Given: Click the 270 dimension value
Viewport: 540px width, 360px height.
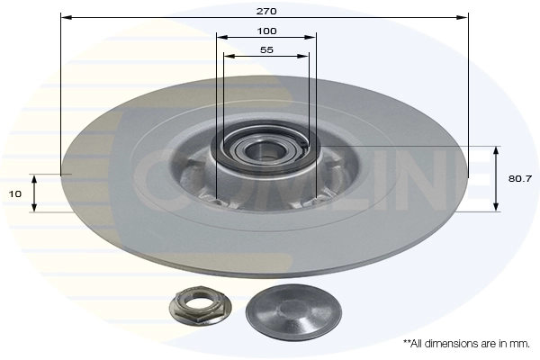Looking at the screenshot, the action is point(266,11).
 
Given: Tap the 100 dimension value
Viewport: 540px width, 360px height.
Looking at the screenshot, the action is point(266,31).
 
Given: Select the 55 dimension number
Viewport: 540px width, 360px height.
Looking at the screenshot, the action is point(266,50).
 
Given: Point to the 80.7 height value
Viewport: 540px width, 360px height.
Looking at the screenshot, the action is point(520,178).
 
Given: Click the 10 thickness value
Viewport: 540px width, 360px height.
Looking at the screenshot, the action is point(14,194).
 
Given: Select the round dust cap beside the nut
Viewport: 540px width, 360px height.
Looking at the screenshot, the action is point(293,309).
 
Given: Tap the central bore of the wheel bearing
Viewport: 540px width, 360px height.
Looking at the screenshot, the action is point(261,148).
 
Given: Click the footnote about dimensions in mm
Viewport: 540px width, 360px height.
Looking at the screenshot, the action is point(466,344).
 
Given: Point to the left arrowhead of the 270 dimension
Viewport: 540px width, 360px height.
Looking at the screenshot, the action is point(66,17).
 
